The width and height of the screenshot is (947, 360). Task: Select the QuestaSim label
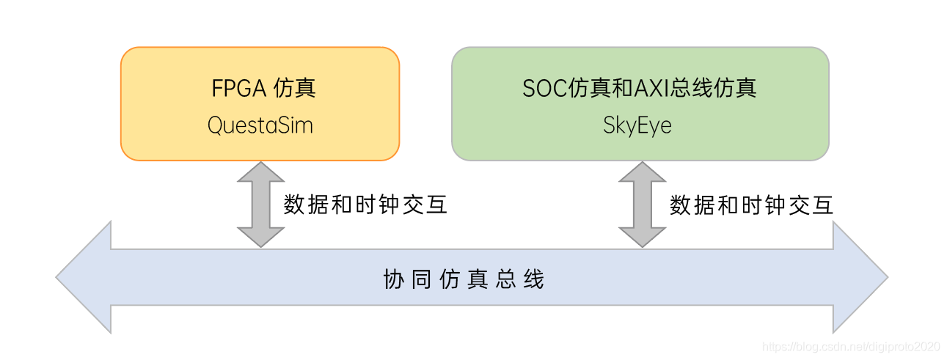260,125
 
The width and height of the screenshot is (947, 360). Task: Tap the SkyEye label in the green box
637,125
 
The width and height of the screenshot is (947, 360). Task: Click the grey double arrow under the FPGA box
260,205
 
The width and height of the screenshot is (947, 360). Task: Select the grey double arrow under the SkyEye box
642,205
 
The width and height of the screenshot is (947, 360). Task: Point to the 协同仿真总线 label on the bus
464,279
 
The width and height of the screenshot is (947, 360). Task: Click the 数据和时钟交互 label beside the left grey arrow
365,205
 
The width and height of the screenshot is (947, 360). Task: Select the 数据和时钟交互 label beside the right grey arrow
751,205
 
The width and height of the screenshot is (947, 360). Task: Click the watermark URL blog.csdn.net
851,345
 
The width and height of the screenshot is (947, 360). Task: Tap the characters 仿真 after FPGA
294,89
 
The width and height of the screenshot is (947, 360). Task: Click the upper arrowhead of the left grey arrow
260,173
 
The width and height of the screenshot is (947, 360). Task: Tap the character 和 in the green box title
602,89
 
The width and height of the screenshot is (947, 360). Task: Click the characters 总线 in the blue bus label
520,279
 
